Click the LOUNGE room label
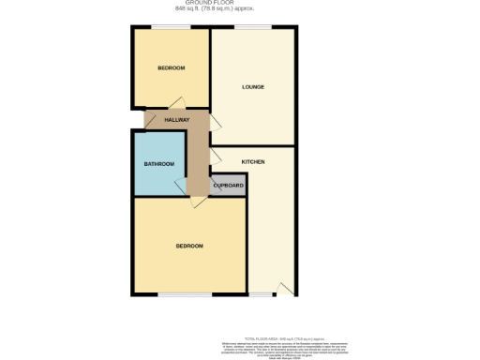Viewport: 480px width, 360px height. click(x=253, y=87)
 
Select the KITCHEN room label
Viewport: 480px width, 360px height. click(x=253, y=161)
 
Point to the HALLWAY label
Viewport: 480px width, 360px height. click(x=177, y=121)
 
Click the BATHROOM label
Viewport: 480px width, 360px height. click(x=159, y=164)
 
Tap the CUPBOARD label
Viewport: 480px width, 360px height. click(x=229, y=186)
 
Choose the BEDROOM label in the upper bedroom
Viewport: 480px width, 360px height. click(x=171, y=67)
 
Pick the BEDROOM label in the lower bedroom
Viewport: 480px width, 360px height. click(x=189, y=246)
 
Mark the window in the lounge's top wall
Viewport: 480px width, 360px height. click(x=248, y=27)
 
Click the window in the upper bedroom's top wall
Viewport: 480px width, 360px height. click(x=171, y=27)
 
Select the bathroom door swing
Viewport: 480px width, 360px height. click(x=180, y=187)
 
